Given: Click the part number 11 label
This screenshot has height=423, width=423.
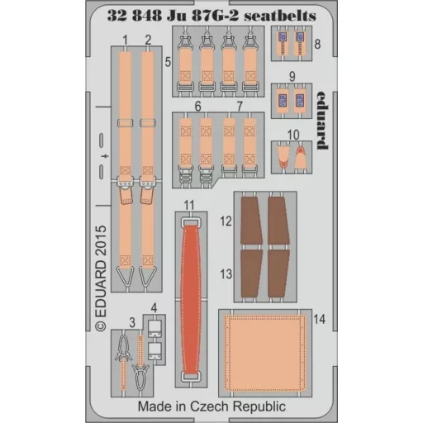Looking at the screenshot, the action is tap(189, 205).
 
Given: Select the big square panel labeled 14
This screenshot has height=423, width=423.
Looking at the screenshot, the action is tap(265, 353).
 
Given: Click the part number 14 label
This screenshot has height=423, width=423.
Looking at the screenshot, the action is tap(320, 319).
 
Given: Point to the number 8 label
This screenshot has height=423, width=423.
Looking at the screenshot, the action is tap(317, 44).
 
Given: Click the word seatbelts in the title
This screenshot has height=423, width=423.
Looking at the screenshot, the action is tap(280, 17).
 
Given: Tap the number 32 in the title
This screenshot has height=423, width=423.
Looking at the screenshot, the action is tap(116, 17).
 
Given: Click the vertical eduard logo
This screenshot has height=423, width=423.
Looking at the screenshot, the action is tap(322, 121).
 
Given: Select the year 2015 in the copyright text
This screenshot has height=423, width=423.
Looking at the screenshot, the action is tap(101, 240).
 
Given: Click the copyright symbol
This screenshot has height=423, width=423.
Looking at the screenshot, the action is tap(101, 326).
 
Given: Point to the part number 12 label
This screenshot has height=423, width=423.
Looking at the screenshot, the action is tap(226, 221).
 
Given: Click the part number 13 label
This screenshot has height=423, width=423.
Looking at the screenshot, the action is tap(226, 274).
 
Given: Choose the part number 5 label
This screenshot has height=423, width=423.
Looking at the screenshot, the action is tap(168, 62).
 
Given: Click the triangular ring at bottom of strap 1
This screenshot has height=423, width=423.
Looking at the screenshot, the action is tap(126, 276).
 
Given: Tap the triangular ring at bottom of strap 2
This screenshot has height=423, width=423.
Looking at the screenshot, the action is tap(148, 276).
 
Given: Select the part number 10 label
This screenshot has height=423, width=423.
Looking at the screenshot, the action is tap(293, 135).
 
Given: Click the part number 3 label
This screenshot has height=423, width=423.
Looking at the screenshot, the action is tap(132, 322).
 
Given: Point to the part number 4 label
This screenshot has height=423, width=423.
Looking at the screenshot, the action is tap(154, 308).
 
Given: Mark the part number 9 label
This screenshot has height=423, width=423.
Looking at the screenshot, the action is tap(292, 76).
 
